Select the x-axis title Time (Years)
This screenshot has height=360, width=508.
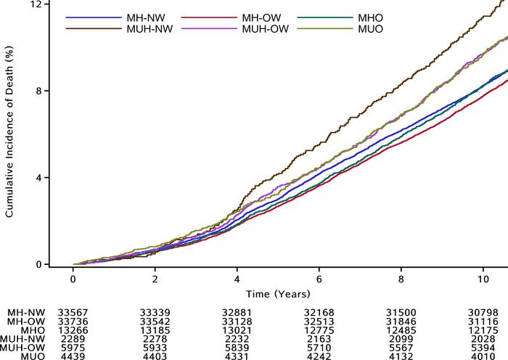pyautogui.click(x=278, y=294)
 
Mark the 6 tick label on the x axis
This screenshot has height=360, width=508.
pyautogui.click(x=319, y=279)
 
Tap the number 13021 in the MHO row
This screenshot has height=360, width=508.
pyautogui.click(x=237, y=331)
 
